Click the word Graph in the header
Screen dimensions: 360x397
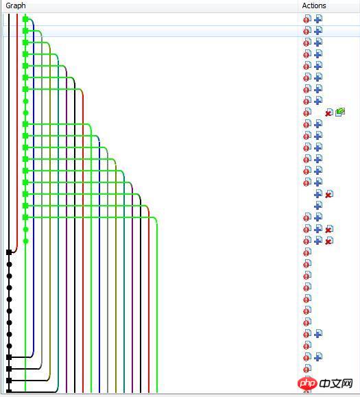tap(16, 5)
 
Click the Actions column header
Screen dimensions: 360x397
tap(314, 5)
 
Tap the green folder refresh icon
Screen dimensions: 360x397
tap(340, 112)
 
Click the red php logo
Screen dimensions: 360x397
tap(307, 384)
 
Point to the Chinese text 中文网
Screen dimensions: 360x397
tap(336, 384)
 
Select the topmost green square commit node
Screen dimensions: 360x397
tap(25, 19)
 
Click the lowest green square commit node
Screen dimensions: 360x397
tap(25, 217)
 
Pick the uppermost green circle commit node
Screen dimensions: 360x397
tap(25, 101)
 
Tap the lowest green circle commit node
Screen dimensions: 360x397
tap(25, 241)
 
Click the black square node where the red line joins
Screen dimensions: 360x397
tap(9, 252)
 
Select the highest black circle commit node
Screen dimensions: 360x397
tap(9, 265)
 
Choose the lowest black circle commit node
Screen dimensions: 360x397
tap(9, 346)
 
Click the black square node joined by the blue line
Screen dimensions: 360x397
tap(9, 357)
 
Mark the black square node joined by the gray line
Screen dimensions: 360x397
tap(9, 369)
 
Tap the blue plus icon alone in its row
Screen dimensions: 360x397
tap(318, 205)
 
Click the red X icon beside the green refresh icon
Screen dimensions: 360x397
tap(329, 112)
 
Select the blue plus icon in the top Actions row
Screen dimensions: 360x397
tap(318, 19)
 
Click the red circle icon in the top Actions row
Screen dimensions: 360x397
tap(307, 19)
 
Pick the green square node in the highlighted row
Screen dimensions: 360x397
tap(25, 31)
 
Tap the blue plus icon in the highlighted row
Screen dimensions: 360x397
tap(318, 31)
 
